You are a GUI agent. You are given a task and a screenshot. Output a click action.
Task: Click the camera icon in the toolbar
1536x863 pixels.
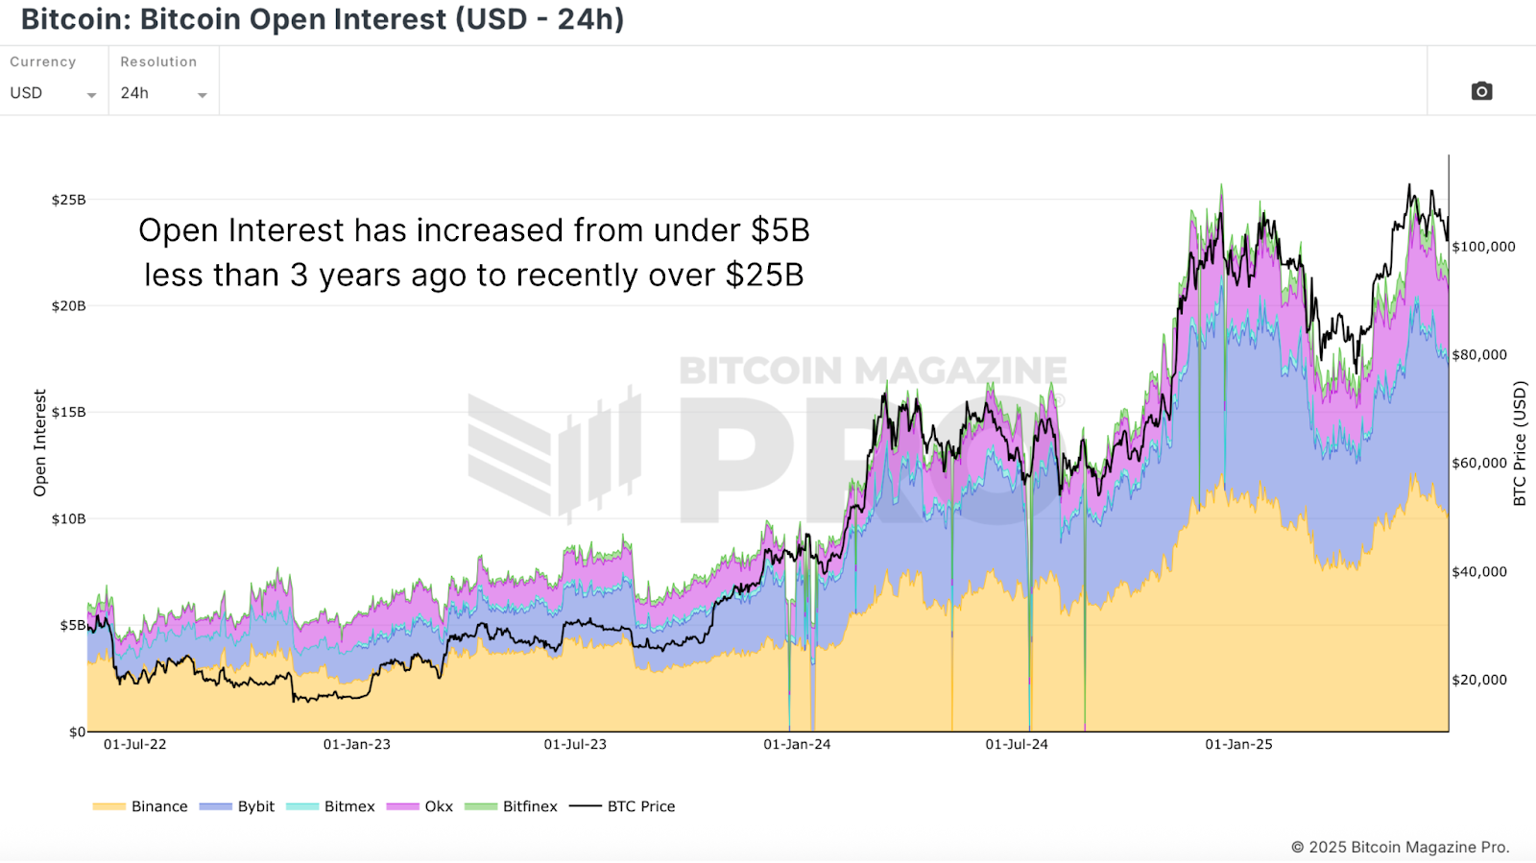click(1481, 91)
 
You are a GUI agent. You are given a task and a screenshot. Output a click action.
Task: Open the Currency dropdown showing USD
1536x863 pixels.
click(53, 93)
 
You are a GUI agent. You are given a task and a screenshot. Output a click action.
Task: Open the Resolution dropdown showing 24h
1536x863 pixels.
click(163, 93)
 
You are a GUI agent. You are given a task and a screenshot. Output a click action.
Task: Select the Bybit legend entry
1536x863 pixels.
click(237, 806)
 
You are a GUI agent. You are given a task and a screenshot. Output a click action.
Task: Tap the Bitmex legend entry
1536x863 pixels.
click(331, 806)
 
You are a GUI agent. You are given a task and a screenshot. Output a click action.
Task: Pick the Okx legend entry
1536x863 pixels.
click(420, 806)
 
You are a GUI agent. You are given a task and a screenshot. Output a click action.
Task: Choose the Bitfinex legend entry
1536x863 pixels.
click(512, 806)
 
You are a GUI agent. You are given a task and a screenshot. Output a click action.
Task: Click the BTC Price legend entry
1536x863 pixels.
click(623, 806)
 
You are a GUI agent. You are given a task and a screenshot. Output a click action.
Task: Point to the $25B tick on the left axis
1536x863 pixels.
click(68, 200)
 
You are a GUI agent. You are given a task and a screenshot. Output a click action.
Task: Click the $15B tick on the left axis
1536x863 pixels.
click(68, 412)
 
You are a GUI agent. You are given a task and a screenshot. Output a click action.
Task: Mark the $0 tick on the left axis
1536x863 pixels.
click(77, 731)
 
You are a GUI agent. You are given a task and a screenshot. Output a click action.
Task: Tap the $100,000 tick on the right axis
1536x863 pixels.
click(1483, 247)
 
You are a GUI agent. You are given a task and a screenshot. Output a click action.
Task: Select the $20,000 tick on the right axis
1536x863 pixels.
click(1479, 680)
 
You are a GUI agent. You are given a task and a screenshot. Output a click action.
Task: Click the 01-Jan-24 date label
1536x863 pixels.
click(797, 744)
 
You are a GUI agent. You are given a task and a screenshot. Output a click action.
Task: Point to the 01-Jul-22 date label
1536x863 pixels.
click(134, 744)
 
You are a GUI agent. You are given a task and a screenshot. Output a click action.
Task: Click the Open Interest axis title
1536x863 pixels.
click(39, 443)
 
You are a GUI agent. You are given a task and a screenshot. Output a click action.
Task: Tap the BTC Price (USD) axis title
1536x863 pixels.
click(1520, 443)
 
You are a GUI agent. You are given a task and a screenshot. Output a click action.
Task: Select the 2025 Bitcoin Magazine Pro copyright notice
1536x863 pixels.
click(1400, 847)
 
